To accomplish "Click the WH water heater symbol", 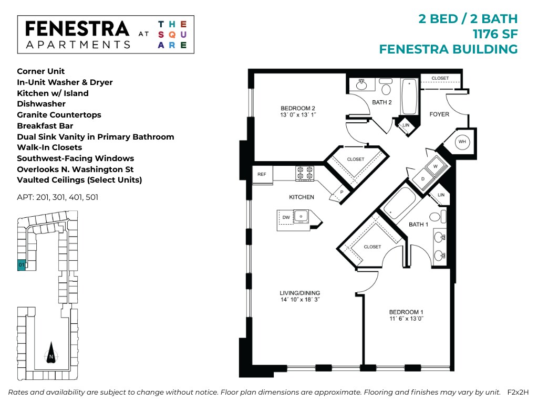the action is (462, 142).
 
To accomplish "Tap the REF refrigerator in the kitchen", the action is (262, 174).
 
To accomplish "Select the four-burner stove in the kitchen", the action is (305, 173).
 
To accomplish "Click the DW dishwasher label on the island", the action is (286, 217).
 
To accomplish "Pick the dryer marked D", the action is (423, 179).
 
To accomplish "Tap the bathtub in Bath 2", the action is (409, 97).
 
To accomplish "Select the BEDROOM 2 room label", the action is (298, 108).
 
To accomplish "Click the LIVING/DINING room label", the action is (300, 293).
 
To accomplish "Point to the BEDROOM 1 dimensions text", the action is (406, 319).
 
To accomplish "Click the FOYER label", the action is (439, 114).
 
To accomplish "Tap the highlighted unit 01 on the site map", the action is (21, 265).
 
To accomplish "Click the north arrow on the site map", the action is (51, 352).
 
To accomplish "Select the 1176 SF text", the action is (495, 34).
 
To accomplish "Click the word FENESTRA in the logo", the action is (77, 28).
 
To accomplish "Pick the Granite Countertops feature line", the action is (59, 115).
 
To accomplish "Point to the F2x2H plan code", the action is (518, 392).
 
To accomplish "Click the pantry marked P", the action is (340, 192).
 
